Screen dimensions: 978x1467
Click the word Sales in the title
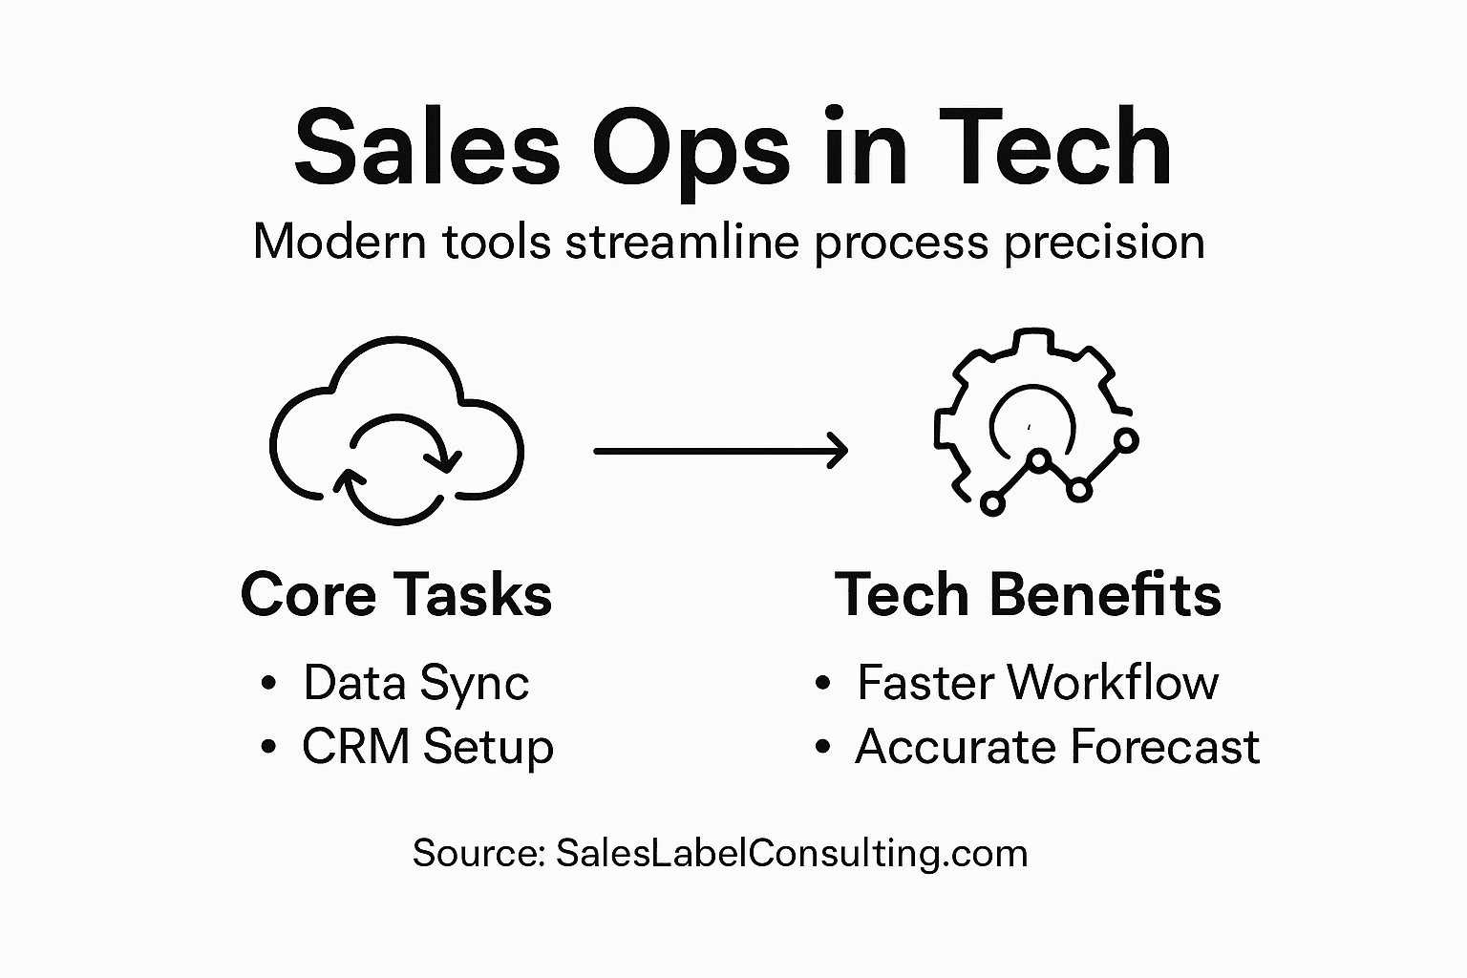tap(426, 148)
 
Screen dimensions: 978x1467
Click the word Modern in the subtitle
tap(339, 243)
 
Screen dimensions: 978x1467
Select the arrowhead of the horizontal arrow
tap(838, 450)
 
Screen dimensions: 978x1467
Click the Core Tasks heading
tap(396, 595)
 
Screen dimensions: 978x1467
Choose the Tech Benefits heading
tap(1028, 595)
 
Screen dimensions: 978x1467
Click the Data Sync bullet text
tap(415, 684)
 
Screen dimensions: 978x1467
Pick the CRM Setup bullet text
tap(427, 747)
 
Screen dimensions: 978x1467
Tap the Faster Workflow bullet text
tap(1037, 683)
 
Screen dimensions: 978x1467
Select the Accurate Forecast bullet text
tap(1057, 747)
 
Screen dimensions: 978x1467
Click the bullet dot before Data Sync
tap(268, 684)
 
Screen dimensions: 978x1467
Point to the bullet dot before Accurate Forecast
tap(823, 747)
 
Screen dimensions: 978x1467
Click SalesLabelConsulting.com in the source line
tap(791, 853)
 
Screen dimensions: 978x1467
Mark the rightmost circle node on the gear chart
tap(1127, 440)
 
